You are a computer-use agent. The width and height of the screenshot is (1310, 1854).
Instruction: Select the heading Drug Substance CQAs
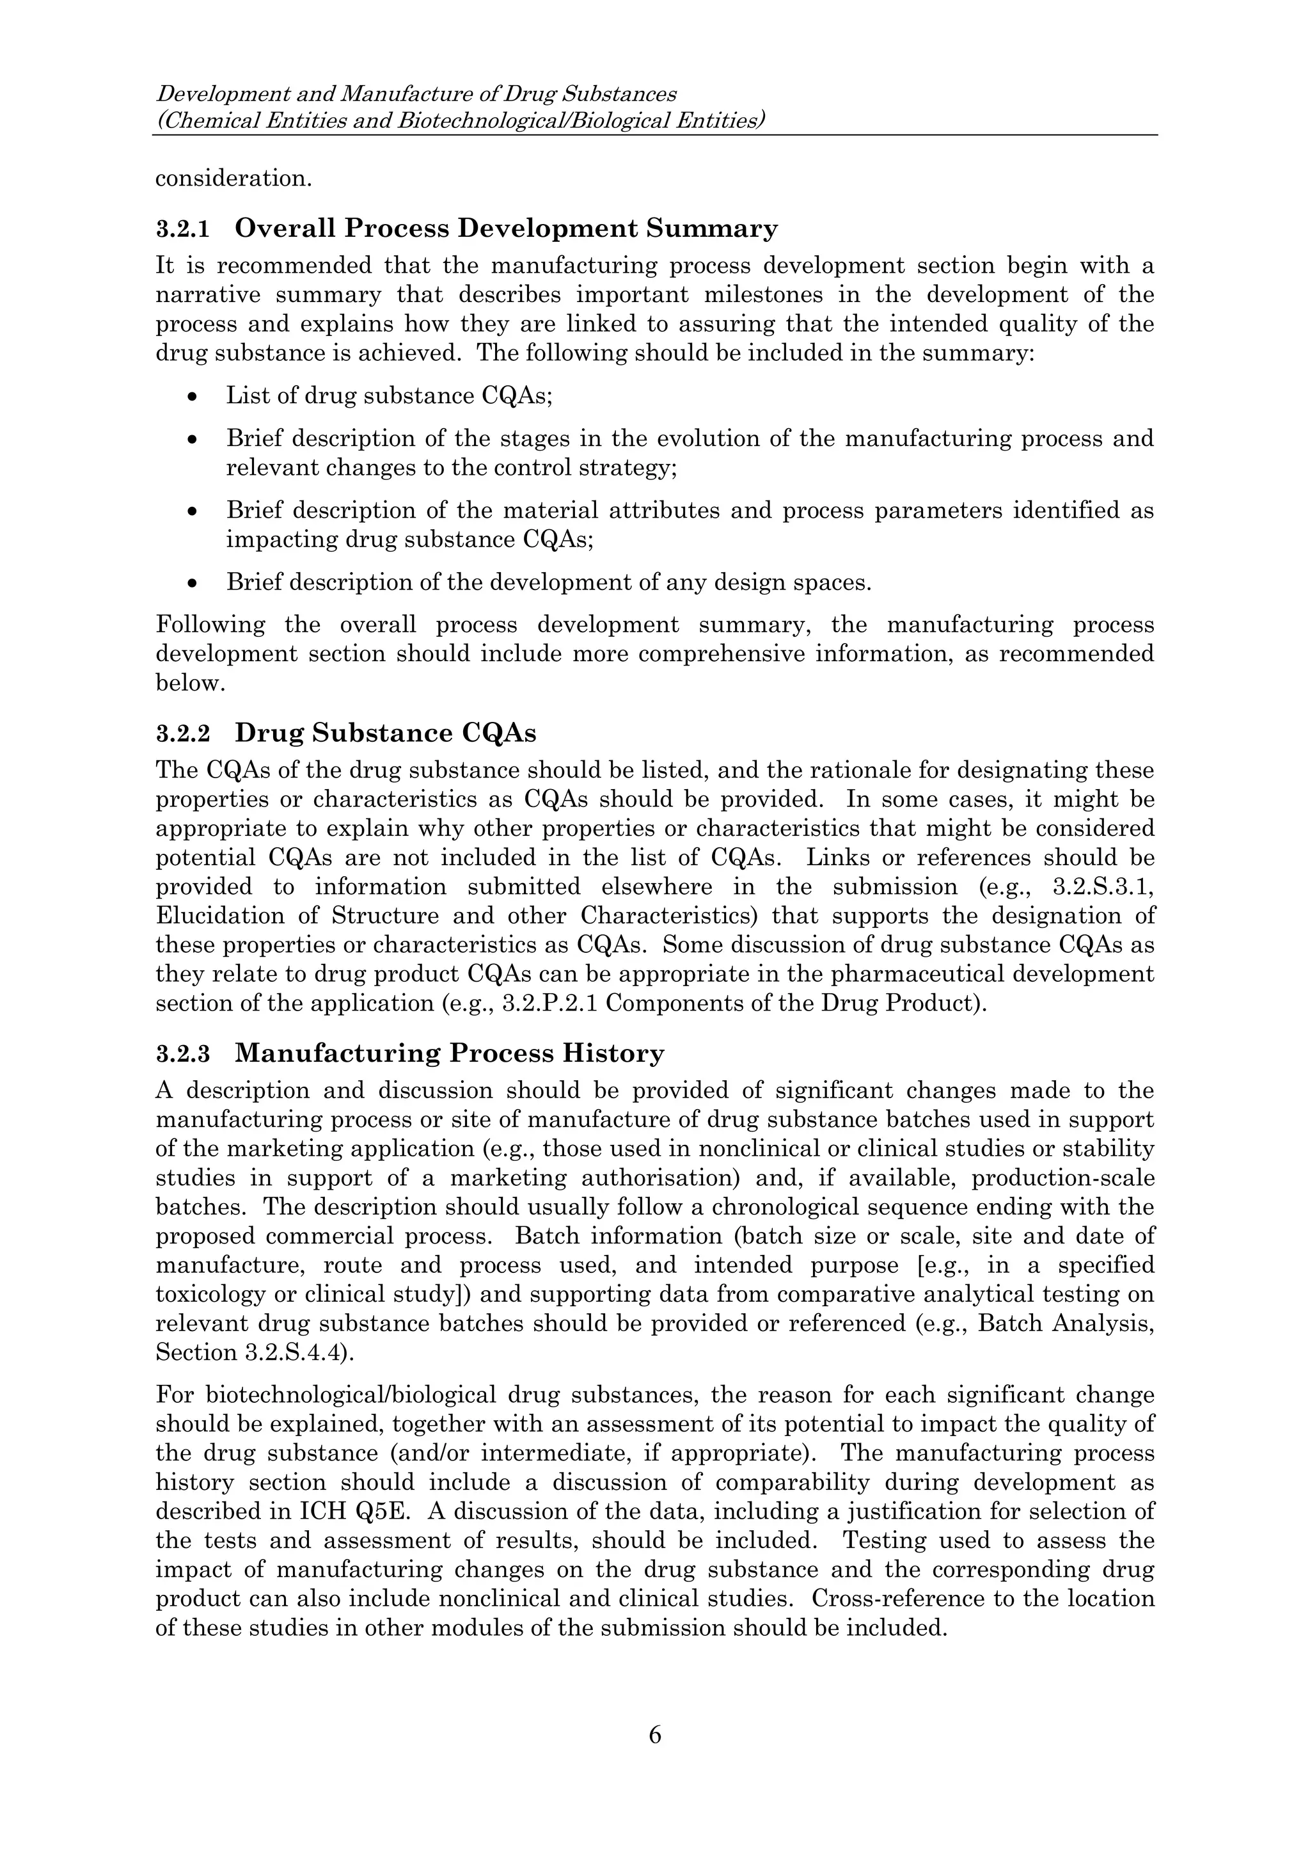(385, 733)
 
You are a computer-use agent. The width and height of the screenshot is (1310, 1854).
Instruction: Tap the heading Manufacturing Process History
(450, 1054)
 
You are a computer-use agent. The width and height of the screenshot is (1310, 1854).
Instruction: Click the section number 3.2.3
(182, 1055)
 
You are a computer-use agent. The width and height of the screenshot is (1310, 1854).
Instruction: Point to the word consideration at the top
(232, 179)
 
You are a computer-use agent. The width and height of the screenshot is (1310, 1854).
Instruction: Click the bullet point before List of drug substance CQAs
(191, 397)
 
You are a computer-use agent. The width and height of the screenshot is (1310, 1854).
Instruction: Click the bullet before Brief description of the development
(191, 582)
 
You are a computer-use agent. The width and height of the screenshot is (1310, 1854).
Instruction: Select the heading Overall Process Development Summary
(506, 228)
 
